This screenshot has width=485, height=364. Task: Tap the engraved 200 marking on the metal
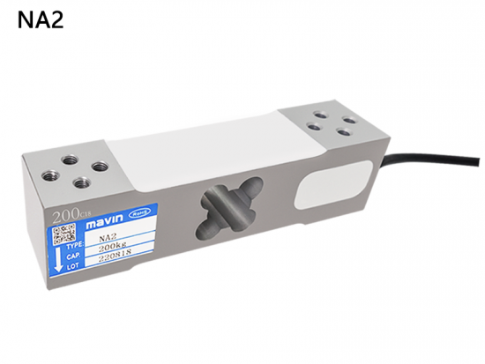click(64, 214)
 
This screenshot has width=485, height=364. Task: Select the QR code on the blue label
click(62, 234)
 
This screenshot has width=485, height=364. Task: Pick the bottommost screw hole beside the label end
click(82, 182)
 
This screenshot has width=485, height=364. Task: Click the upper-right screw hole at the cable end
click(348, 120)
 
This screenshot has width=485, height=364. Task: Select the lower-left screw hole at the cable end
click(315, 126)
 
